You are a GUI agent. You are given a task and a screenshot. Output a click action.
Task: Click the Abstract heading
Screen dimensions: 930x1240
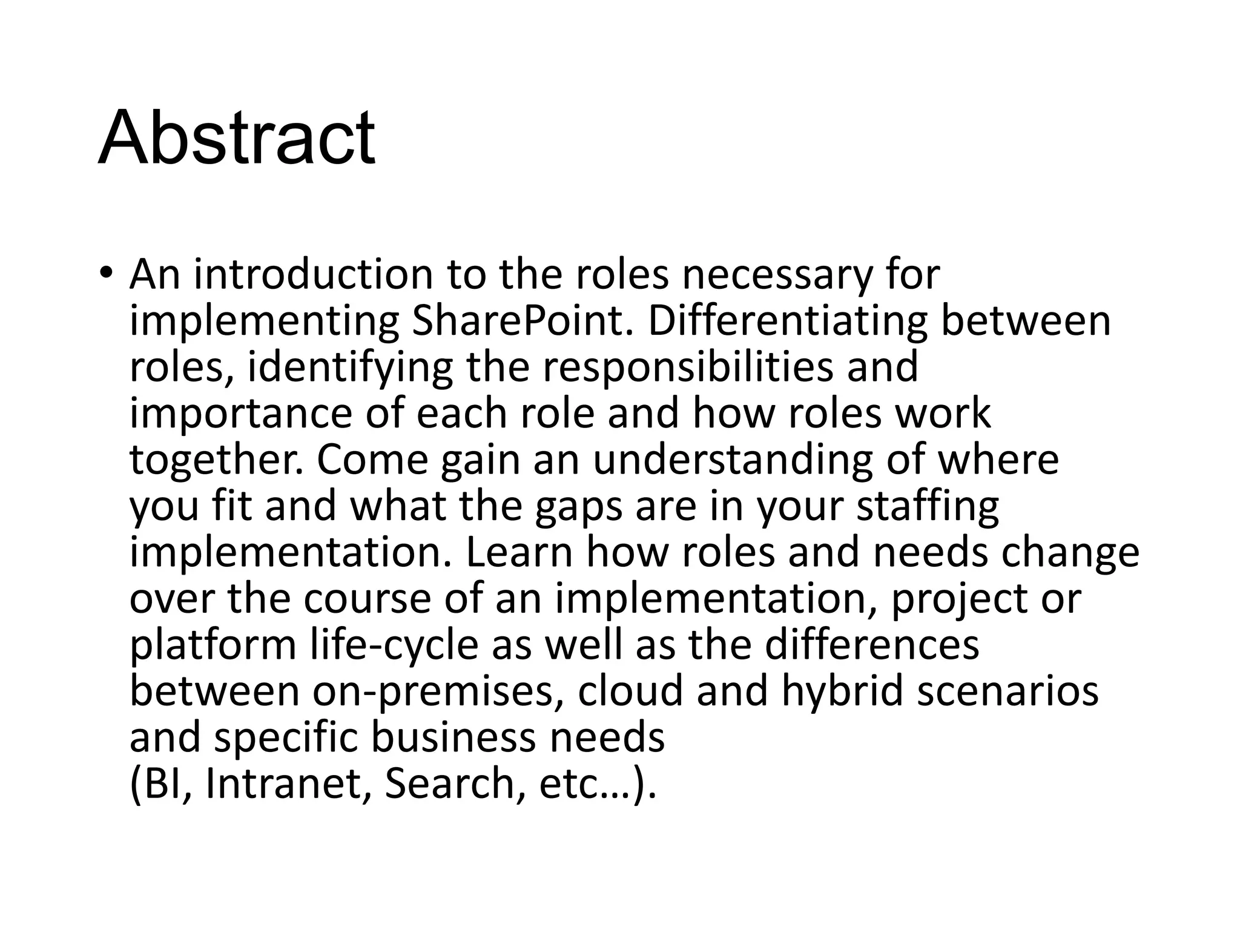(x=236, y=138)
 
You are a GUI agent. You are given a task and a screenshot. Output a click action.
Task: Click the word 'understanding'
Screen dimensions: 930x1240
(x=733, y=459)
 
